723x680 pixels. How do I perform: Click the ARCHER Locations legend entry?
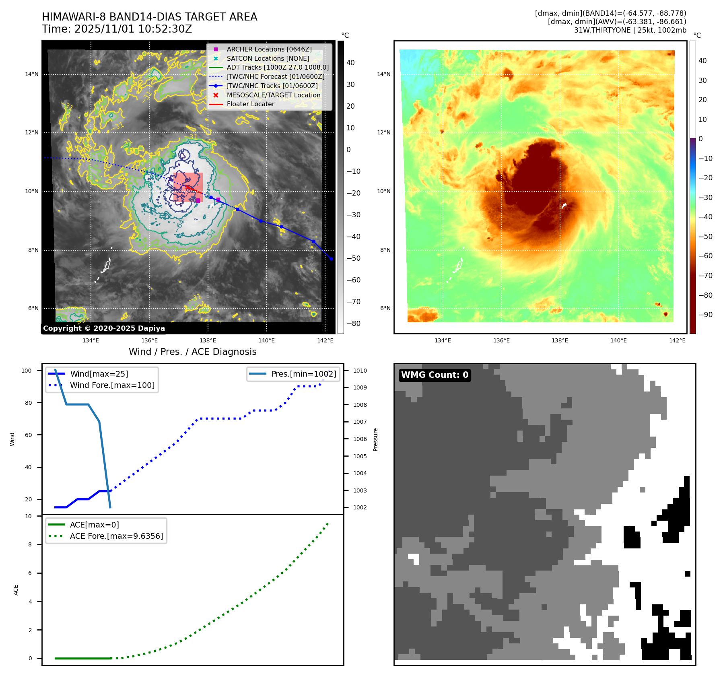tap(269, 49)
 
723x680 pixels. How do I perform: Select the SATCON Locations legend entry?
tap(268, 58)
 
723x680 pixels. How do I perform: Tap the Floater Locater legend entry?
tap(250, 104)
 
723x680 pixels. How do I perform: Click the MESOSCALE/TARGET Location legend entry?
tap(273, 95)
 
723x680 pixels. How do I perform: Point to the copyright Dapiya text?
tap(104, 328)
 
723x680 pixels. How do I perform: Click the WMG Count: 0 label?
tap(435, 375)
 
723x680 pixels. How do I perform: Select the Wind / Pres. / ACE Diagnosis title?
tap(192, 352)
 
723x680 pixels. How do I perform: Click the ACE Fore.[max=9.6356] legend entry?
tap(116, 536)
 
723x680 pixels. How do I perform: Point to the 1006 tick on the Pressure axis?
tap(360, 439)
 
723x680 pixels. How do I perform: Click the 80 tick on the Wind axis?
tap(28, 403)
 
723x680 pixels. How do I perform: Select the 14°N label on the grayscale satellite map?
tap(32, 74)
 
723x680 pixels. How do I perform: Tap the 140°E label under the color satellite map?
tap(618, 340)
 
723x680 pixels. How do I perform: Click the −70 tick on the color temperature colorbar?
tap(705, 276)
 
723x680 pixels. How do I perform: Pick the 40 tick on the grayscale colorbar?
tap(350, 63)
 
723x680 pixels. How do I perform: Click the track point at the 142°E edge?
tap(331, 259)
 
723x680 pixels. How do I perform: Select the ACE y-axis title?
tap(16, 590)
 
